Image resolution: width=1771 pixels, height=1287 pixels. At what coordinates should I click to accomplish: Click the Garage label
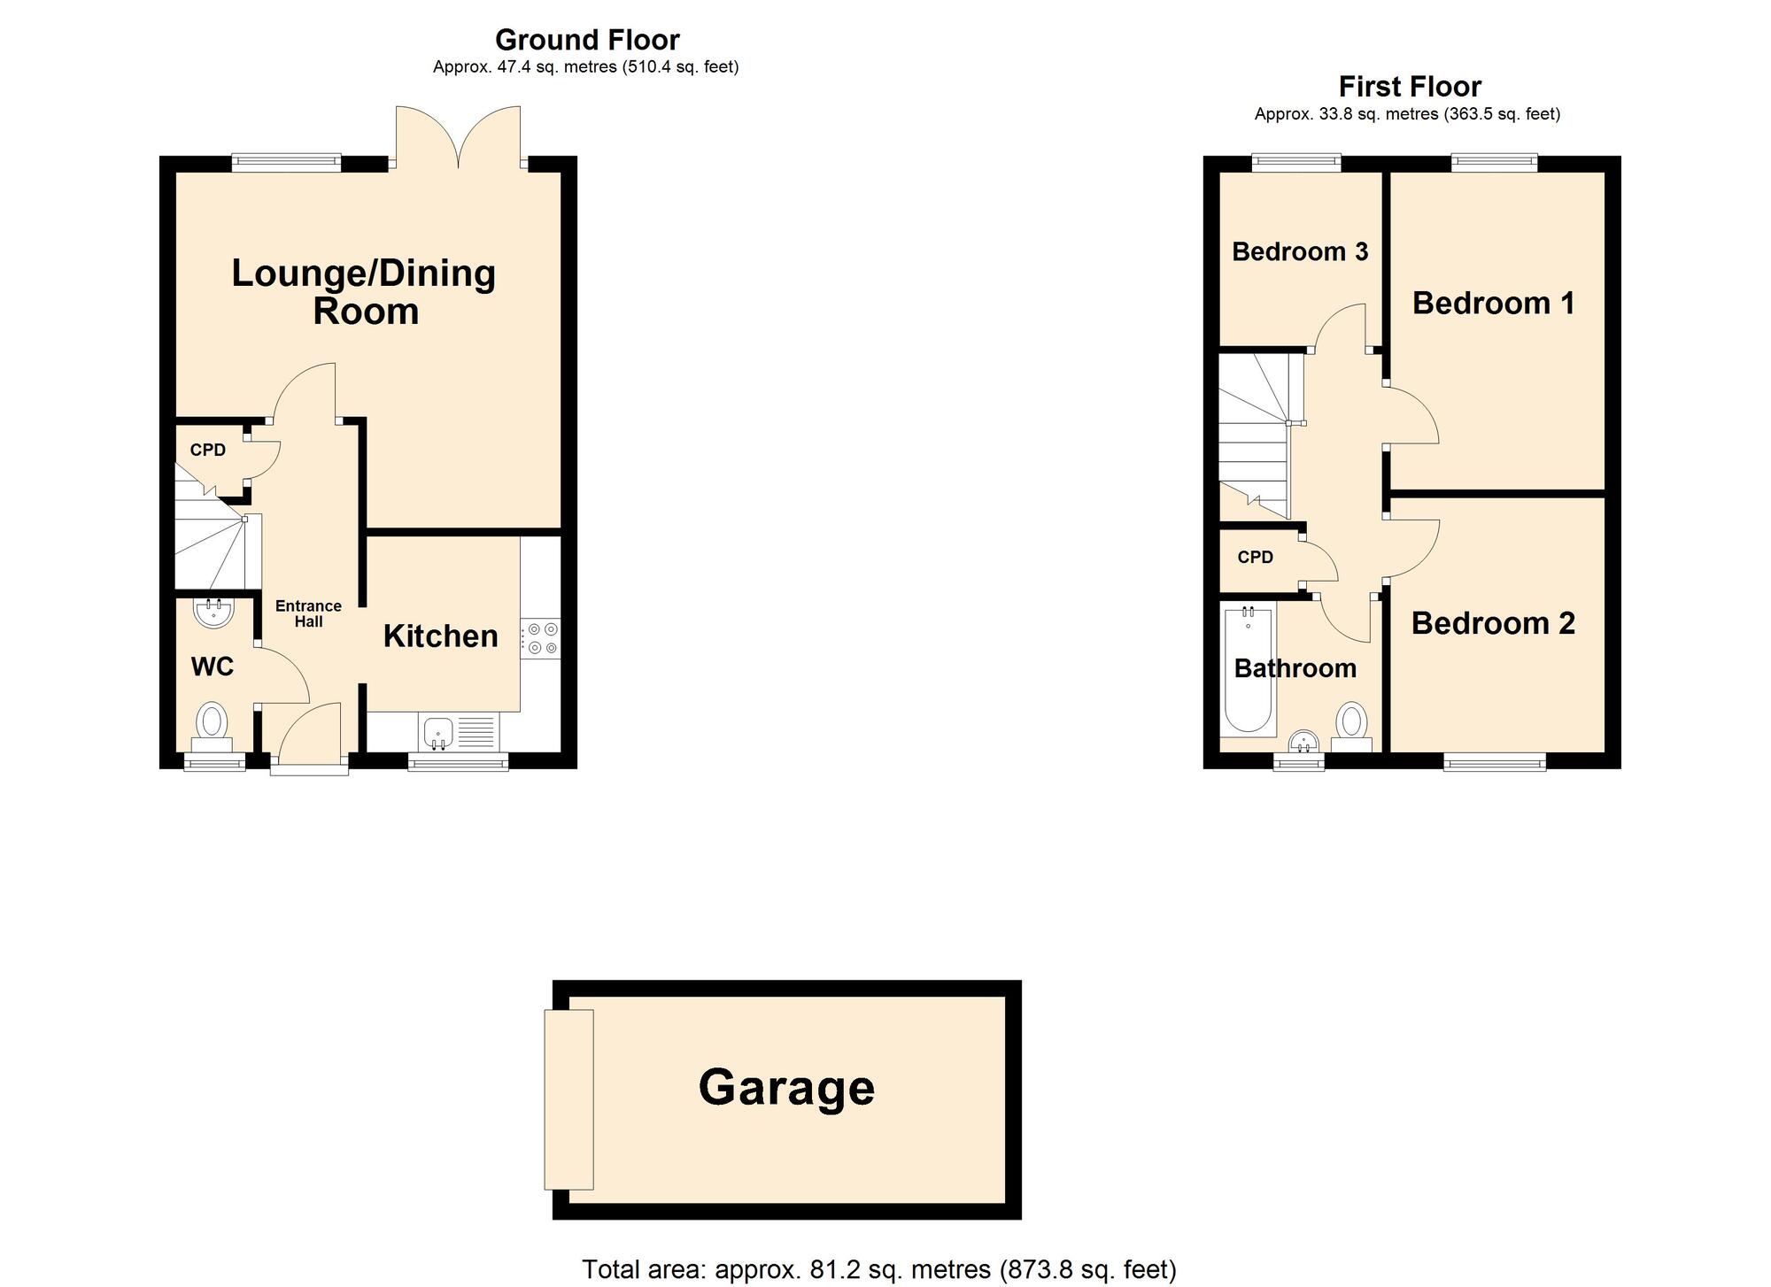point(786,1088)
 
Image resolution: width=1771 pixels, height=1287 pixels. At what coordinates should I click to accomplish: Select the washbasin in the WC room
point(213,612)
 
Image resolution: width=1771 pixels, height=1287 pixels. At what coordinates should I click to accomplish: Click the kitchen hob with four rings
point(541,639)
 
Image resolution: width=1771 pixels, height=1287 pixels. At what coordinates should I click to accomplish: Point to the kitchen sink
point(438,732)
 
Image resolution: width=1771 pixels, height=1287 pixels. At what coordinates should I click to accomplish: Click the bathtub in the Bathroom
point(1248,669)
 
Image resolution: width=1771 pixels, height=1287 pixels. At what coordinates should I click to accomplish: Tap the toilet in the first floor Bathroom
point(1351,724)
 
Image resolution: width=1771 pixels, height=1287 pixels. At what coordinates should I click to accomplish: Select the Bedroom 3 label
point(1300,252)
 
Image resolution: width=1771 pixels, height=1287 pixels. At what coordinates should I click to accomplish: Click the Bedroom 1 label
point(1493,304)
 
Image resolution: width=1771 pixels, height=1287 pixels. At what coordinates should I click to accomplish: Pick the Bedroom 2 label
point(1493,624)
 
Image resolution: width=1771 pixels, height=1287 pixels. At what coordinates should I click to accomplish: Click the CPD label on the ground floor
point(208,451)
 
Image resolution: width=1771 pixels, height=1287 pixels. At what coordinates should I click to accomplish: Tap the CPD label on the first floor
point(1255,558)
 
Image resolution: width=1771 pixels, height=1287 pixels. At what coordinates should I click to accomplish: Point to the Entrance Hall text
point(308,613)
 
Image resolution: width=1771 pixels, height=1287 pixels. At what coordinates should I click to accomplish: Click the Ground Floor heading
point(586,40)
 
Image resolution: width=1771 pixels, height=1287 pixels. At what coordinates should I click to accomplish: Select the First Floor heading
point(1410,87)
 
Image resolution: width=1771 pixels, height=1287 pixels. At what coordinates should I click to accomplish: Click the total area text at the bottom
point(878,1269)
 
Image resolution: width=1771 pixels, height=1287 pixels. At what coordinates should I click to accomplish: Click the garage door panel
point(568,1098)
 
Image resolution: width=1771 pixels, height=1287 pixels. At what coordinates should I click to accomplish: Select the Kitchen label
point(440,636)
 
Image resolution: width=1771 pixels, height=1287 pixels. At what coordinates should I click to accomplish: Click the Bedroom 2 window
point(1495,760)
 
